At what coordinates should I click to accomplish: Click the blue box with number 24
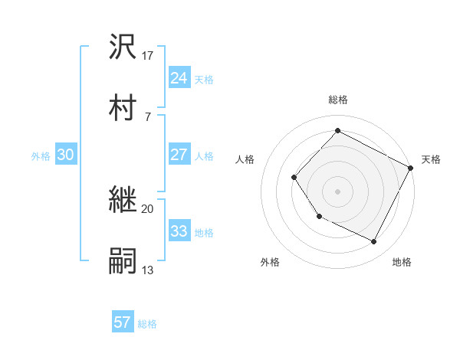(x=179, y=78)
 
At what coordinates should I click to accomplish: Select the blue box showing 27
(x=179, y=155)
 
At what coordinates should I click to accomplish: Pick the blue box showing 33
(x=179, y=231)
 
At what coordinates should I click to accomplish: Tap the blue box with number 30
(x=66, y=155)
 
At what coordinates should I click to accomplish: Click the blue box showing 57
(x=122, y=322)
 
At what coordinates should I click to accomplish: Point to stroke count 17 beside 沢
(x=149, y=55)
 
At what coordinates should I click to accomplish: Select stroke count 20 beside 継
(x=148, y=208)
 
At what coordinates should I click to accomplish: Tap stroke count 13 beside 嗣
(x=148, y=270)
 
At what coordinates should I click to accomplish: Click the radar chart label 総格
(x=337, y=100)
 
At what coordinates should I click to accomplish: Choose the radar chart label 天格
(x=431, y=159)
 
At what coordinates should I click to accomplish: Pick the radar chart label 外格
(x=270, y=262)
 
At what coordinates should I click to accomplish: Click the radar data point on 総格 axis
(x=337, y=130)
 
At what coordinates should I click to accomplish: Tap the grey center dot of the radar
(x=337, y=191)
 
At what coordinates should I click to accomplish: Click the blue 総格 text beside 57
(x=147, y=324)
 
